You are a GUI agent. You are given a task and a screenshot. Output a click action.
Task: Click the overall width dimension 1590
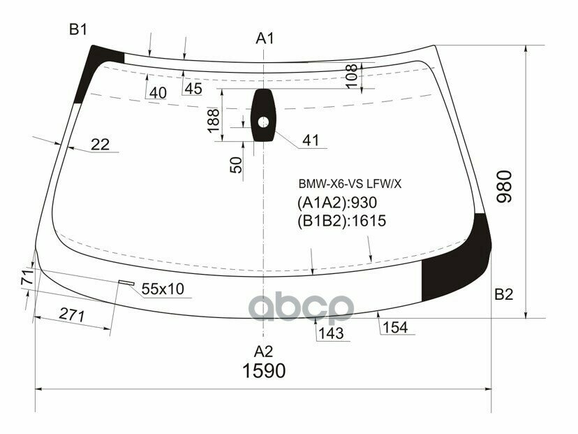[264, 370]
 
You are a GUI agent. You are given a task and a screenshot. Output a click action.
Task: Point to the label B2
[503, 294]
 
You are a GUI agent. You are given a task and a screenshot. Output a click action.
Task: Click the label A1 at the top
[264, 38]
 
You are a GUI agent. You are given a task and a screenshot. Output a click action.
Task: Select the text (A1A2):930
[337, 203]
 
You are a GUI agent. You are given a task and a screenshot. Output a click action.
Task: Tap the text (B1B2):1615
[341, 222]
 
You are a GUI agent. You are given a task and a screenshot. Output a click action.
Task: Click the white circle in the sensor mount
[263, 122]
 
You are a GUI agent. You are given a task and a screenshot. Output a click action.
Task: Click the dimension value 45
[193, 89]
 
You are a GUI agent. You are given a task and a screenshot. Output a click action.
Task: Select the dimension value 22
[101, 145]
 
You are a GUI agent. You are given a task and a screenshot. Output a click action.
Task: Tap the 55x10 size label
[163, 289]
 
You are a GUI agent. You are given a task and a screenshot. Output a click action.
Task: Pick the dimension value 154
[395, 328]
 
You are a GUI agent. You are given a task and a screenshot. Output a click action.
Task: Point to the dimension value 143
[331, 333]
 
